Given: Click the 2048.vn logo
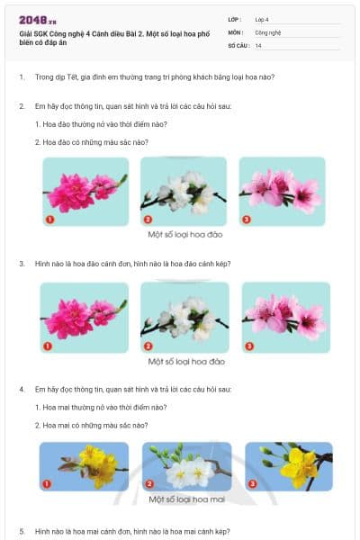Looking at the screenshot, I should click(x=37, y=20).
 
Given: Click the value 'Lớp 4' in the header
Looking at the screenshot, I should click(x=261, y=19).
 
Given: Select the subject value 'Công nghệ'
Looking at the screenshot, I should click(x=267, y=31).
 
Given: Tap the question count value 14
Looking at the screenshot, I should click(x=258, y=44).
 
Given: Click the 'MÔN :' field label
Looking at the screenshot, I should click(x=235, y=31).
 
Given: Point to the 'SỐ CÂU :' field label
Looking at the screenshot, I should click(x=238, y=44).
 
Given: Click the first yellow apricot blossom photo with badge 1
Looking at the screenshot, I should click(x=85, y=467).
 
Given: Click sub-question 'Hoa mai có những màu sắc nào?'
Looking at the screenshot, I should click(x=91, y=425).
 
